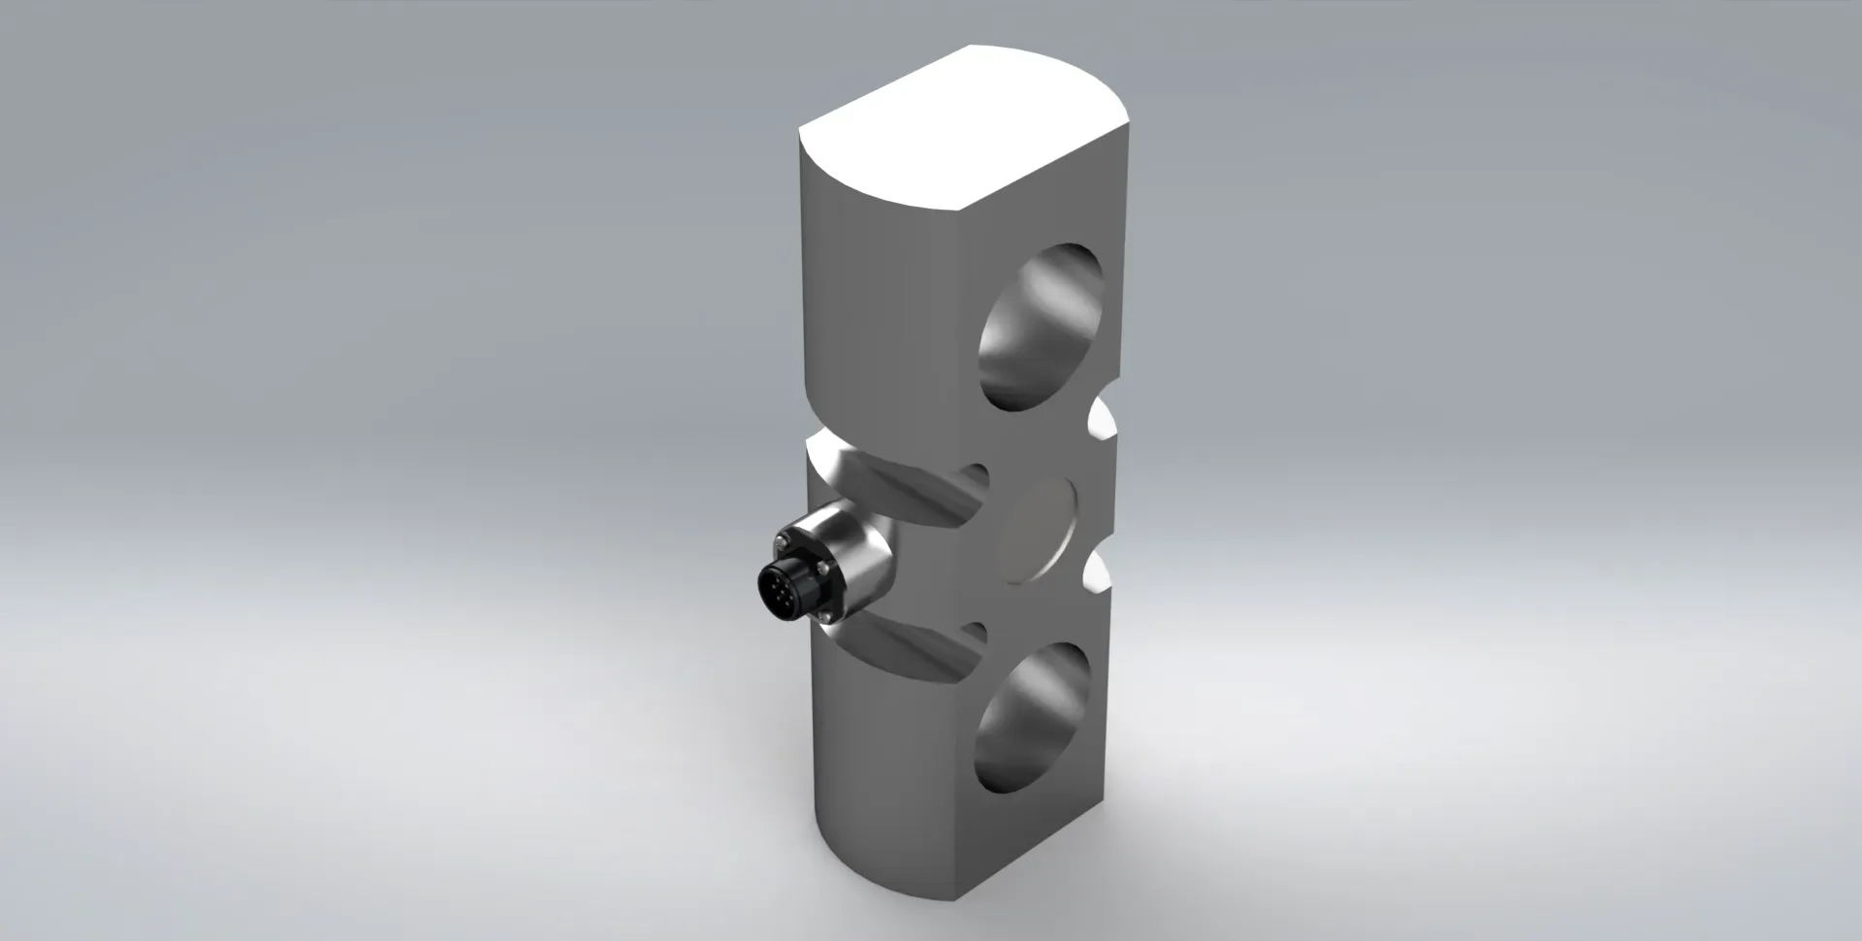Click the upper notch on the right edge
coord(1102,421)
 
